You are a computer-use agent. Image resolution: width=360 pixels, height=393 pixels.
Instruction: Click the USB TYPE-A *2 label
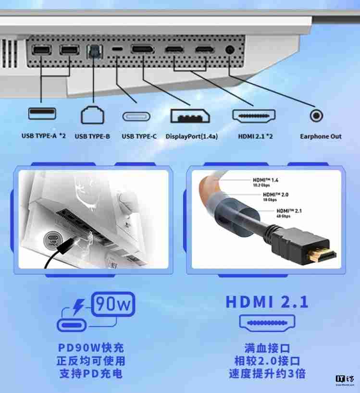point(43,136)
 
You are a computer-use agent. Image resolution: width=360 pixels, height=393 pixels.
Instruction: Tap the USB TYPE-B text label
point(92,136)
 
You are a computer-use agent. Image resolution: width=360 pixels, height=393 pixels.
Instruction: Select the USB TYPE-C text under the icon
point(139,136)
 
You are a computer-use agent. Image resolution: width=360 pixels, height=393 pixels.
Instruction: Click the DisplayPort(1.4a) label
point(192,136)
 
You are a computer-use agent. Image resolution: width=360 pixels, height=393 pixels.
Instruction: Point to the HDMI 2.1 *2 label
point(256,136)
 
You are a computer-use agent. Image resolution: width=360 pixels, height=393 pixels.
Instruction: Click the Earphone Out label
point(321,136)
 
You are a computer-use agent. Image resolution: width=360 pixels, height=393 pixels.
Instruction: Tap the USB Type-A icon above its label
point(42,114)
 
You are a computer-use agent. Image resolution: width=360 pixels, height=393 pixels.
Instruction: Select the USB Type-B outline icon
point(92,115)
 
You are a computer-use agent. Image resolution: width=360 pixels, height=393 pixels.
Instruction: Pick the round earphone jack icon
point(316,116)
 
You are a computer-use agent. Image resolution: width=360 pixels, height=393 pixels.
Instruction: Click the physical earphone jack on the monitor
point(230,49)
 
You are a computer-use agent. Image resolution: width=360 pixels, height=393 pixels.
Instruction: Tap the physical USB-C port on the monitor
point(117,49)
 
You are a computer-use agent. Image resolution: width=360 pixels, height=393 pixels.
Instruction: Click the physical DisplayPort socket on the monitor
point(142,49)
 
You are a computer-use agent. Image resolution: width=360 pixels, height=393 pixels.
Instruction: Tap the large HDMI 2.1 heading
point(267,302)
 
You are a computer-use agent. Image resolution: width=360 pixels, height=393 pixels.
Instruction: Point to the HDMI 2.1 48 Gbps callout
point(291,213)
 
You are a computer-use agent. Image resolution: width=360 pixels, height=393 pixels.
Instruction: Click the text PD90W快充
point(91,347)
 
